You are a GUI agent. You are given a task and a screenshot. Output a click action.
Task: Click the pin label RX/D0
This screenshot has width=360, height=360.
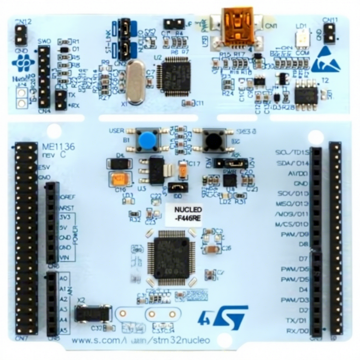coord(297,331)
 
